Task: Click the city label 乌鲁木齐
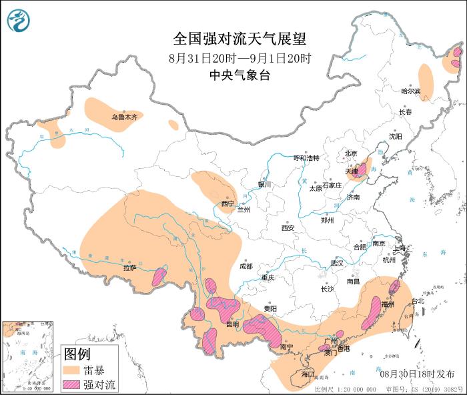click(x=123, y=117)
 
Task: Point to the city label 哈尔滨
click(x=411, y=91)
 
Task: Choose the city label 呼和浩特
click(x=307, y=158)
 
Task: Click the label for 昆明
click(x=232, y=324)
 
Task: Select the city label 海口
click(x=308, y=374)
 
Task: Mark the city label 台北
click(x=418, y=301)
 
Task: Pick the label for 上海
click(x=400, y=248)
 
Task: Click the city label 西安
click(x=288, y=228)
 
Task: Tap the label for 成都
click(x=246, y=266)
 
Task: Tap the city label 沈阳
click(x=396, y=136)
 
